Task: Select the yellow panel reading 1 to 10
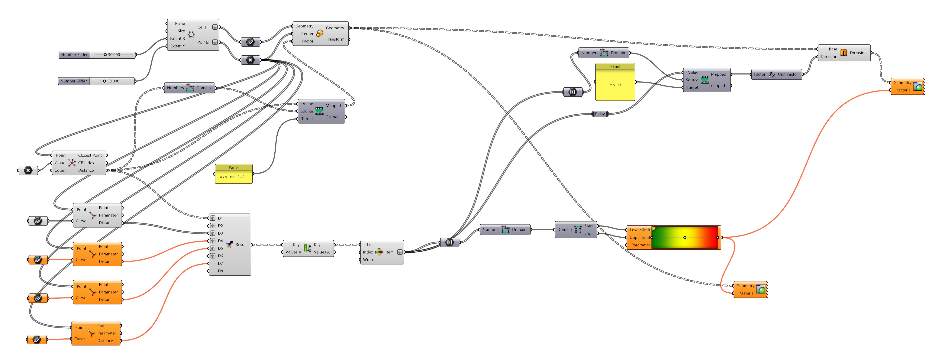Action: [615, 85]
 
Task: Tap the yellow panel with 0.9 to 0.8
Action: [233, 177]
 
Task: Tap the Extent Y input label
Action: [177, 46]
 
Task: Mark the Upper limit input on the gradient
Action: [640, 237]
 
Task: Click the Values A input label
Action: [293, 252]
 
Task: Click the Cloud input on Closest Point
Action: [60, 163]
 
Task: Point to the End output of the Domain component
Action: [587, 233]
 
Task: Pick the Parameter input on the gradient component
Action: [640, 245]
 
